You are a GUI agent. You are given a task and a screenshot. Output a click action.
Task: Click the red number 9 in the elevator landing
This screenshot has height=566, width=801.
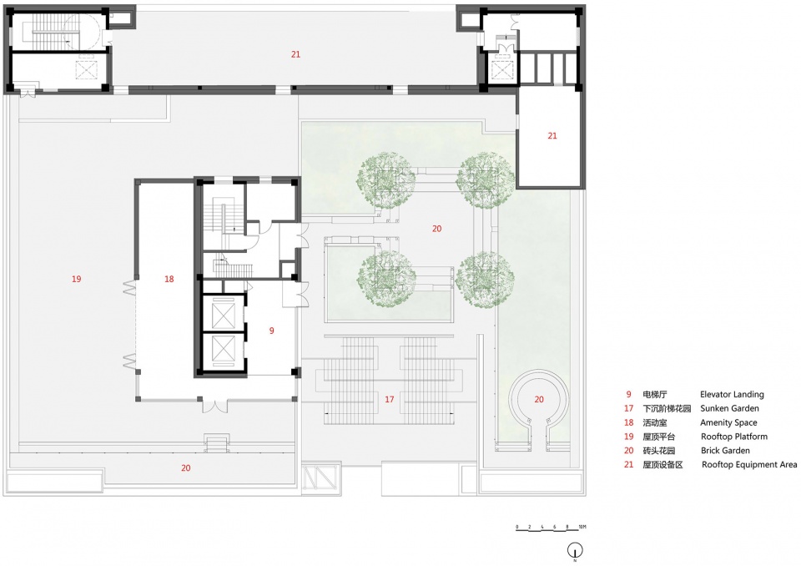pos(271,331)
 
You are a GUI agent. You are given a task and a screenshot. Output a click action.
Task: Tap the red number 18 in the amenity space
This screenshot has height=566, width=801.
pos(169,279)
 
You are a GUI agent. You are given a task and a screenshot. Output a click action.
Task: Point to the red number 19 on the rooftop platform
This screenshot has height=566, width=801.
pos(76,279)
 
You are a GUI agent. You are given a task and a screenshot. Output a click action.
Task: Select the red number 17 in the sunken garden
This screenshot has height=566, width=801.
pos(390,399)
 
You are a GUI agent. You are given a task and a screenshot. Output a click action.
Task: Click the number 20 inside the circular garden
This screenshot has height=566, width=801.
pos(539,399)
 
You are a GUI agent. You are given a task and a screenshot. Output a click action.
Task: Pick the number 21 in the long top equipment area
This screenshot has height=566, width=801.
pos(295,54)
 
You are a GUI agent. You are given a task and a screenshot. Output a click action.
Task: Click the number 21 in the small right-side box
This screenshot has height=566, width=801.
pos(552,136)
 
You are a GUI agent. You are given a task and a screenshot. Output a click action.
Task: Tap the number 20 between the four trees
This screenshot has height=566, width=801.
pos(436,229)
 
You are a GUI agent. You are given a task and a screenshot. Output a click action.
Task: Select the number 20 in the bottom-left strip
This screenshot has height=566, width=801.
pos(186,467)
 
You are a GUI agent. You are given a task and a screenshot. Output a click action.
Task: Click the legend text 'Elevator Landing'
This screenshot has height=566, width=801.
pos(732,395)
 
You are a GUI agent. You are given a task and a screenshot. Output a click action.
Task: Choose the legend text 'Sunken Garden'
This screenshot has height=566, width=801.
pos(729,408)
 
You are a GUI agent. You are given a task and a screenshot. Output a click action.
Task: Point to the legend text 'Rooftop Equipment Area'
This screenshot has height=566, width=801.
pos(749,465)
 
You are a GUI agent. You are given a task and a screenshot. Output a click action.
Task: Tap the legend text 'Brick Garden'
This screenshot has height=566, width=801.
pos(725,451)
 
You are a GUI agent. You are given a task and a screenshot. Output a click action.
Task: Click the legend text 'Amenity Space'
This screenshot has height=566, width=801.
pos(728,423)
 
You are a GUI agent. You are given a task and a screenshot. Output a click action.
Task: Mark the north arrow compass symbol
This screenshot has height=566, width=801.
pos(575,551)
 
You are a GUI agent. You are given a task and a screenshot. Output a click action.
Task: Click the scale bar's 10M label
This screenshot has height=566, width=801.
pos(582,527)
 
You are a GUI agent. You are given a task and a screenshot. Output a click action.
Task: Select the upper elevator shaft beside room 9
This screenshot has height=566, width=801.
pos(224,313)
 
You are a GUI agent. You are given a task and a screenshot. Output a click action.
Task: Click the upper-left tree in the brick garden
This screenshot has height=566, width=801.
pos(386,179)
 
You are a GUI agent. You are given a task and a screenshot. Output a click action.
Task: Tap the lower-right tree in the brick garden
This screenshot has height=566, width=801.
pos(485,280)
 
